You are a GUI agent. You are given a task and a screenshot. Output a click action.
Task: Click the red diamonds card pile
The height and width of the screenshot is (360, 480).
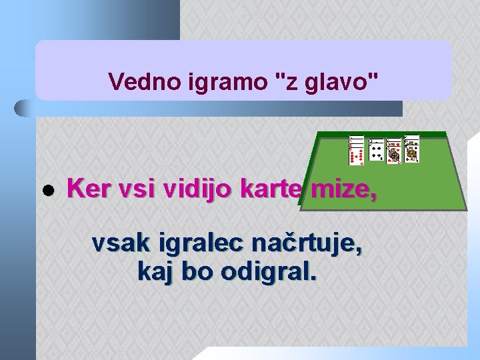(357, 151)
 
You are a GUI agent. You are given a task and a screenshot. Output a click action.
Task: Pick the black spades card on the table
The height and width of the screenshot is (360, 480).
(376, 152)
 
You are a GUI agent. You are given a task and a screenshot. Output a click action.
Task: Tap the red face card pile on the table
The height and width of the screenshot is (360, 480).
(394, 152)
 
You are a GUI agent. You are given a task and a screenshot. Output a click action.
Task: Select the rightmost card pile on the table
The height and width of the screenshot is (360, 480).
(412, 151)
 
